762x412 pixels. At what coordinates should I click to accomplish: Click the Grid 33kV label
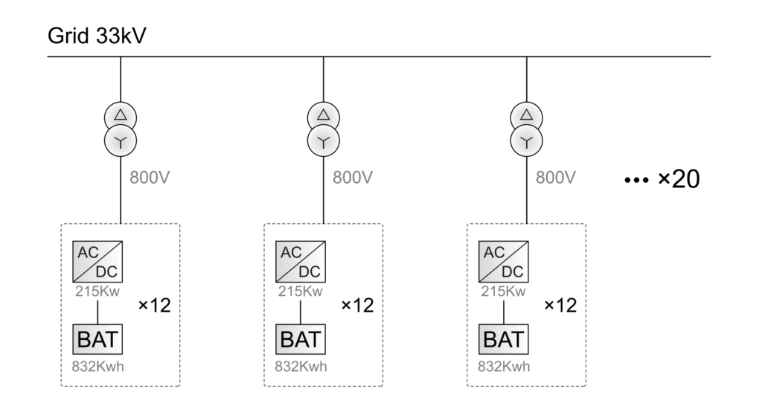point(97,36)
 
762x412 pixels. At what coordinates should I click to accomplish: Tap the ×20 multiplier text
point(679,180)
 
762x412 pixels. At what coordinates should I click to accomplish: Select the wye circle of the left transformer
point(120,139)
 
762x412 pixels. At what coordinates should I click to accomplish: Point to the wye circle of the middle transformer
point(323,139)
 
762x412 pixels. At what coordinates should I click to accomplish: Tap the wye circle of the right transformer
point(526,139)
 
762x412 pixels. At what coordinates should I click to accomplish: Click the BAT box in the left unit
point(97,339)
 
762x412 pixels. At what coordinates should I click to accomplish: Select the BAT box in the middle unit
point(300,339)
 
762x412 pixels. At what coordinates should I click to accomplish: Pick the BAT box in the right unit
point(503,339)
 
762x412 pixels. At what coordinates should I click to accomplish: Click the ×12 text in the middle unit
point(357,306)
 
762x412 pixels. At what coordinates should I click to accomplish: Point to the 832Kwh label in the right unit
point(503,367)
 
